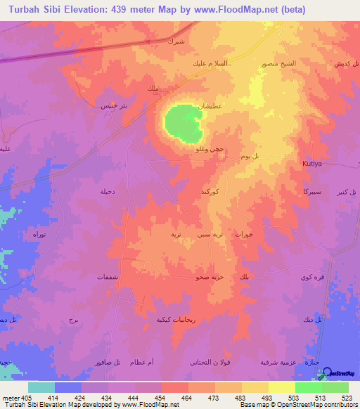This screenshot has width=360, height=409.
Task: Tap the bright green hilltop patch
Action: [183, 122]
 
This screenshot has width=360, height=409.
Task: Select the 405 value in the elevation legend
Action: [27, 398]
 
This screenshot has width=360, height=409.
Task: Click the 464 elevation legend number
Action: [188, 398]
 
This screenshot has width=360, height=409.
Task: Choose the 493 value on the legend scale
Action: [268, 398]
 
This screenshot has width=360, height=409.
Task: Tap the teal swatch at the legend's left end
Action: [41, 387]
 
